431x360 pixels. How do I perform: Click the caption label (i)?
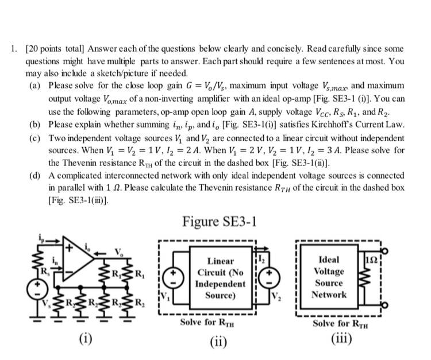[83, 336]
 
